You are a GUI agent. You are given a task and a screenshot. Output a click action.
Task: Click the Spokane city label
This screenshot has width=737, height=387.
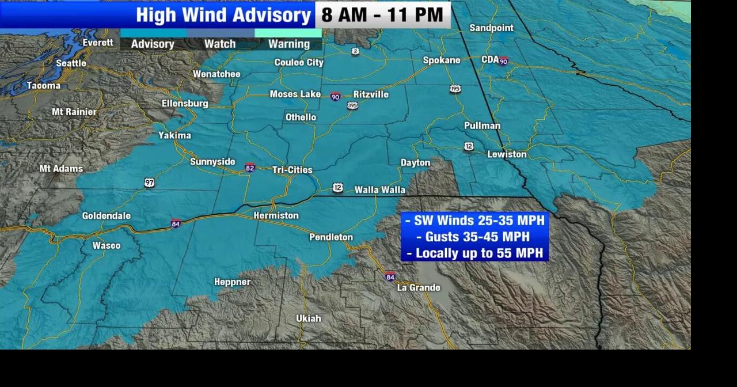click(x=442, y=60)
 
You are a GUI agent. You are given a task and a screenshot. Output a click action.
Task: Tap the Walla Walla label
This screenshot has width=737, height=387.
click(x=379, y=189)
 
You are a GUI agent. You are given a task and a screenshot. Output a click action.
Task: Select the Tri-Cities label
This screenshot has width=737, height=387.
click(x=292, y=170)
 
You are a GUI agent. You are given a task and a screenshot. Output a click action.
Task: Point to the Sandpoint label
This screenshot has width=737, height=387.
click(x=491, y=28)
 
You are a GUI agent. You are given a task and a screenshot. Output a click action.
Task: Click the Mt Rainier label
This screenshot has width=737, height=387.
click(x=74, y=112)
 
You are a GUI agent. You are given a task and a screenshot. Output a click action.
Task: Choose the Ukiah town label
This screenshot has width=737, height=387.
click(x=309, y=318)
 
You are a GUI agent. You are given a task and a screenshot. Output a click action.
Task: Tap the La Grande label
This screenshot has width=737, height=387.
click(x=419, y=287)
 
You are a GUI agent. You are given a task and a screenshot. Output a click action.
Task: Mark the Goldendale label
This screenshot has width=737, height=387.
click(x=107, y=216)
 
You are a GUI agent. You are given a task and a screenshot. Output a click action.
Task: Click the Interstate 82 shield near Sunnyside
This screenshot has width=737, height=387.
click(x=250, y=168)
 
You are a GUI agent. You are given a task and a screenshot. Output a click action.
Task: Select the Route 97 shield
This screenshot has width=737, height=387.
click(x=150, y=183)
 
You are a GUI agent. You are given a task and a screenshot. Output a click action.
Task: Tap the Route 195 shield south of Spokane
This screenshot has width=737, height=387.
click(x=455, y=89)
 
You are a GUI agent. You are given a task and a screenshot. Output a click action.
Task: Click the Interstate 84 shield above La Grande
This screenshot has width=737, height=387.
click(x=390, y=277)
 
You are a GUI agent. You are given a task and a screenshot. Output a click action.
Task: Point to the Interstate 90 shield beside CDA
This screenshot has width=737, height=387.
click(x=503, y=61)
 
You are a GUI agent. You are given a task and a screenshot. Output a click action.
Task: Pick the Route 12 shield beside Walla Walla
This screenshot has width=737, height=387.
click(x=338, y=188)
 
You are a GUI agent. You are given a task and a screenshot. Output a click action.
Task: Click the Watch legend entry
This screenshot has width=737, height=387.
click(x=220, y=44)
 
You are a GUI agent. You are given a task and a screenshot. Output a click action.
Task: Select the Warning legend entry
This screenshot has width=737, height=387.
click(x=289, y=44)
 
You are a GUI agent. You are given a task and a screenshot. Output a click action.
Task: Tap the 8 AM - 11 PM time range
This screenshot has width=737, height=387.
click(x=382, y=15)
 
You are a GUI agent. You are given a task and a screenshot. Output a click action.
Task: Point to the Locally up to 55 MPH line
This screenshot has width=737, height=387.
click(x=474, y=253)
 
